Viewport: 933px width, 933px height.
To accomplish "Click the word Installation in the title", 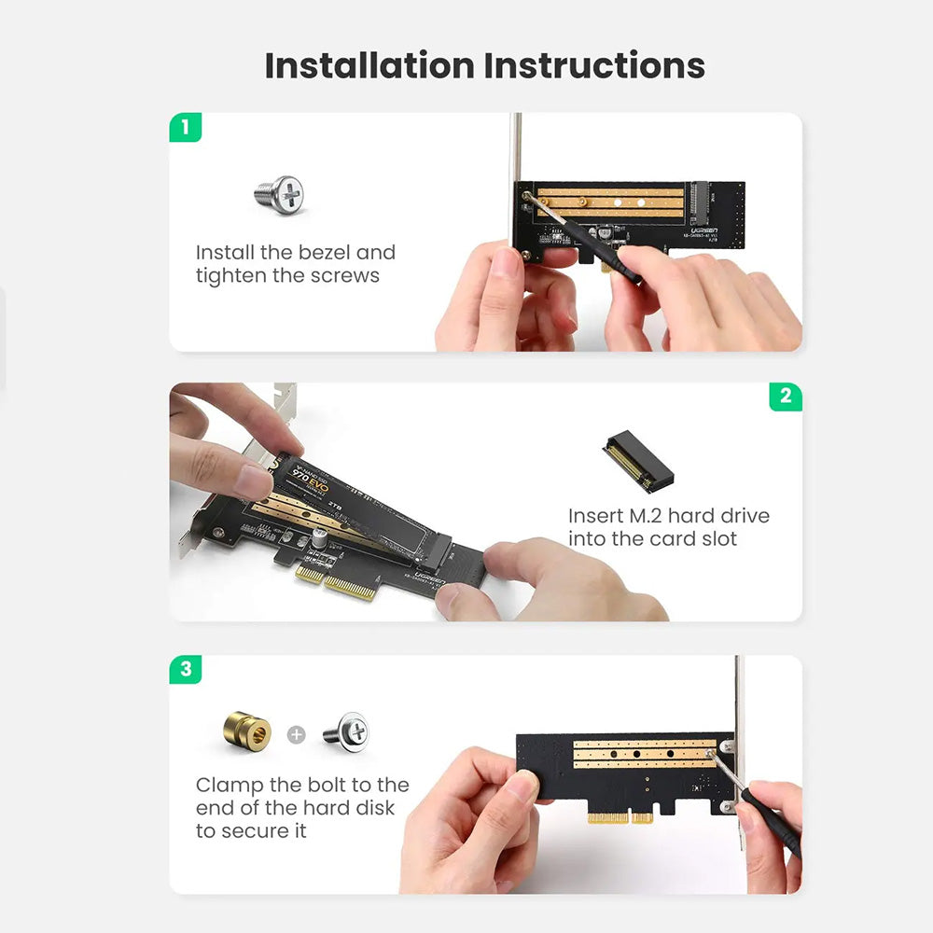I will [x=369, y=66].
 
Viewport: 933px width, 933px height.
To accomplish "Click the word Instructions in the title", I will [x=594, y=66].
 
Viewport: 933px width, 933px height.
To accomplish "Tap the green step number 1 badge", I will [x=186, y=127].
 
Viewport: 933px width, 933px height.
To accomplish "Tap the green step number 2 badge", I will [x=785, y=396].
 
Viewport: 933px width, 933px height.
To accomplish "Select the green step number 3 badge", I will [x=186, y=668].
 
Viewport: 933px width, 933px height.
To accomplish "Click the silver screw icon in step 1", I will [x=279, y=195].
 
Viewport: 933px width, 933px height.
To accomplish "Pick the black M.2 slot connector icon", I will [x=638, y=461].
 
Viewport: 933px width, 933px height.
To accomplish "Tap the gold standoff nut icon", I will [x=248, y=732].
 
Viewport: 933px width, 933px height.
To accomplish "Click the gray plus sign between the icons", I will [x=297, y=734].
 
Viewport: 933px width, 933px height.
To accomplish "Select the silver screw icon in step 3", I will [x=346, y=731].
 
